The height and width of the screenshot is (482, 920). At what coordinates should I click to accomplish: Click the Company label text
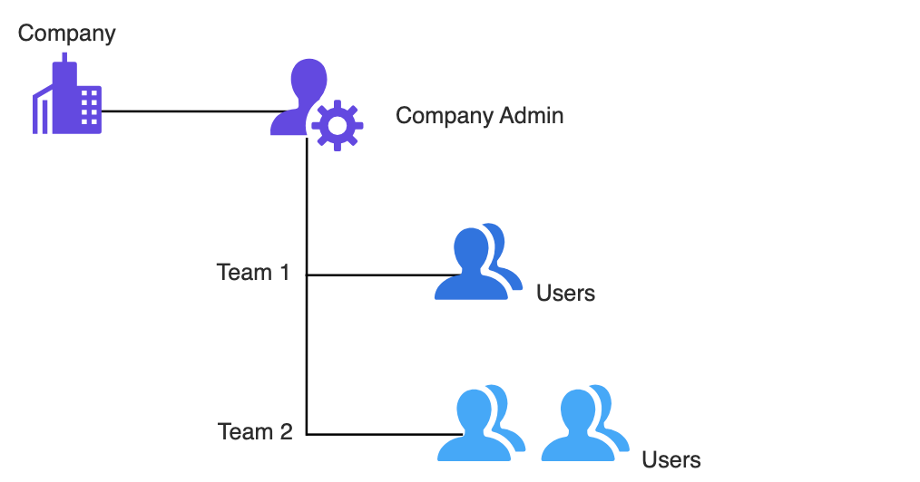(67, 34)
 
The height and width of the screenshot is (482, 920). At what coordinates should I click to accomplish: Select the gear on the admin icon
(338, 125)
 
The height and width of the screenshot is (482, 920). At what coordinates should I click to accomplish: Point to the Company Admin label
(479, 116)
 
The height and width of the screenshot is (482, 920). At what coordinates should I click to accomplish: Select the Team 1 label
(253, 272)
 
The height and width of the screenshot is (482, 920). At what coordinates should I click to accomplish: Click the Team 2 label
(255, 432)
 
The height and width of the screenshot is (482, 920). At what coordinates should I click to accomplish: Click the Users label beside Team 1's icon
(565, 293)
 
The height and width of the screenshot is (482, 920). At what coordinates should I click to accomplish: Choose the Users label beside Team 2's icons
(671, 459)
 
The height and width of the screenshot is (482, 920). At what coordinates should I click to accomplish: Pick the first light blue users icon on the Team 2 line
(481, 424)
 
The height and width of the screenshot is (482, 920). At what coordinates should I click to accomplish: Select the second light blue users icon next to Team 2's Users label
(584, 424)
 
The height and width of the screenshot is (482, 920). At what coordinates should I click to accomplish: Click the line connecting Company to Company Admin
(186, 111)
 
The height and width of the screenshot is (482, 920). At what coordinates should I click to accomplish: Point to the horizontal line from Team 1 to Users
(372, 275)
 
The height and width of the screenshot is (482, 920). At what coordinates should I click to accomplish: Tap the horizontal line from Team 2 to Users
(372, 435)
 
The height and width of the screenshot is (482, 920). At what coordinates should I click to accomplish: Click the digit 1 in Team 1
(283, 272)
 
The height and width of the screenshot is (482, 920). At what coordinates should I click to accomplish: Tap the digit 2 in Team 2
(285, 432)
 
